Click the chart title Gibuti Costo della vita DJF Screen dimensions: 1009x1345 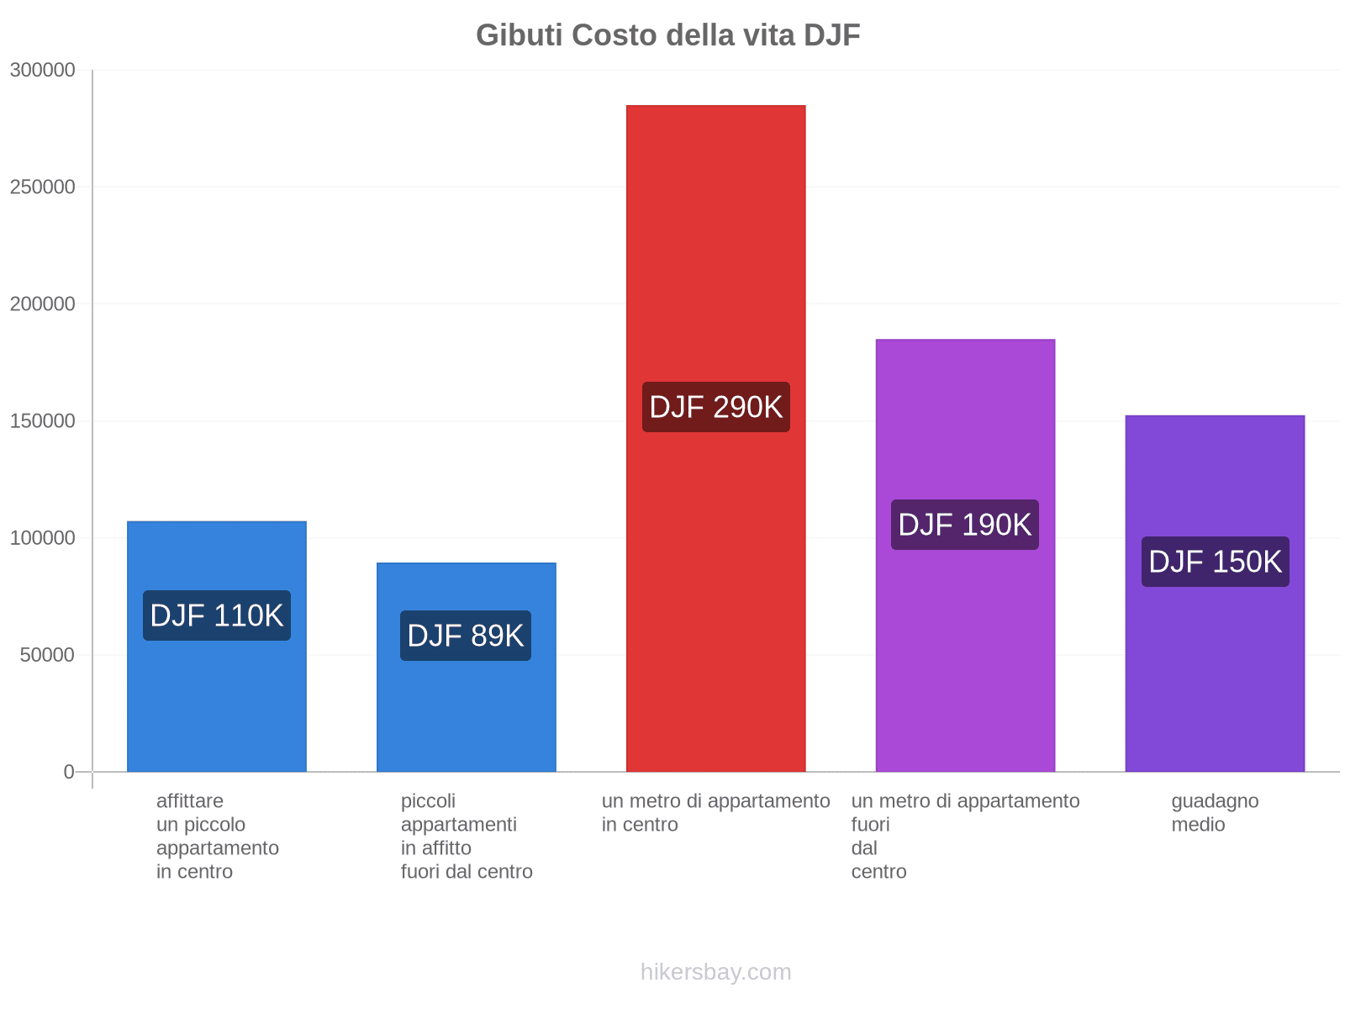coord(667,35)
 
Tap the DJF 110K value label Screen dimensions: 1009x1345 coord(217,615)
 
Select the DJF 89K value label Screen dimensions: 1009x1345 coord(466,636)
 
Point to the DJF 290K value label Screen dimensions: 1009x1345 coord(716,407)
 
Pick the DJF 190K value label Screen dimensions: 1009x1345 coord(965,525)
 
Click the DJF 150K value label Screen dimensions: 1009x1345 coord(1215,562)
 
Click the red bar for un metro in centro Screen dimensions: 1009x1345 coord(716,252)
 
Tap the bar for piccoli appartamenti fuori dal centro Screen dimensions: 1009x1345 coord(466,715)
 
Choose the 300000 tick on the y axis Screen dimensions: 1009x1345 coord(43,70)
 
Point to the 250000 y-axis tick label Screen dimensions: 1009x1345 coord(43,187)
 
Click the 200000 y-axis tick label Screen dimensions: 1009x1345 coord(43,304)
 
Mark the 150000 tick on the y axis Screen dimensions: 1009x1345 coord(43,420)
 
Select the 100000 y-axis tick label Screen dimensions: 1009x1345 coord(43,537)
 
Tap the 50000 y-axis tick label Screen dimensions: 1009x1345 coord(48,654)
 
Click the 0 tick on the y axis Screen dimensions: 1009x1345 coord(69,771)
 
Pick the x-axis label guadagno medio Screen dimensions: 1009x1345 coord(1215,812)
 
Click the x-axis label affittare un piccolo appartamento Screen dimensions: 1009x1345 coord(217,836)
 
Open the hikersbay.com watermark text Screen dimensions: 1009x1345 coord(715,972)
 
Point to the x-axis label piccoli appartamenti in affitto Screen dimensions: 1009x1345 coord(467,836)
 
